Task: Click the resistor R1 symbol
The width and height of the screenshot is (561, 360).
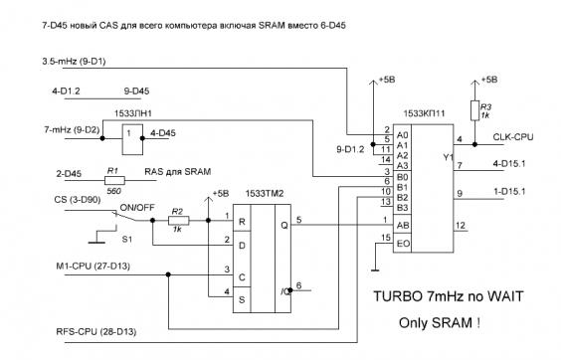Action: [x=114, y=180]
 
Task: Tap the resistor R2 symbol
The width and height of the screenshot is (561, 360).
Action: [x=178, y=221]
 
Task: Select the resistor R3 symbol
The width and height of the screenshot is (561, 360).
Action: [x=474, y=110]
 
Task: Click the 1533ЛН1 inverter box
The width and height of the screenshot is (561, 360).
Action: [x=132, y=139]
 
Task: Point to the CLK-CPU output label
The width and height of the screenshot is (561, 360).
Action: [x=512, y=137]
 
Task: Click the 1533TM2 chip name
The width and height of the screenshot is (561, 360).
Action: [x=265, y=194]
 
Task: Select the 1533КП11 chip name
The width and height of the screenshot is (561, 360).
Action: [x=424, y=113]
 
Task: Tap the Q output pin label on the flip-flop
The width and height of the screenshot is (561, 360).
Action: [x=284, y=226]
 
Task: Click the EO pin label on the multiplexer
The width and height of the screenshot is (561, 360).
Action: [x=403, y=244]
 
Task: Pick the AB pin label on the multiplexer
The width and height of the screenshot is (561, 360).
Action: [x=403, y=226]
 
